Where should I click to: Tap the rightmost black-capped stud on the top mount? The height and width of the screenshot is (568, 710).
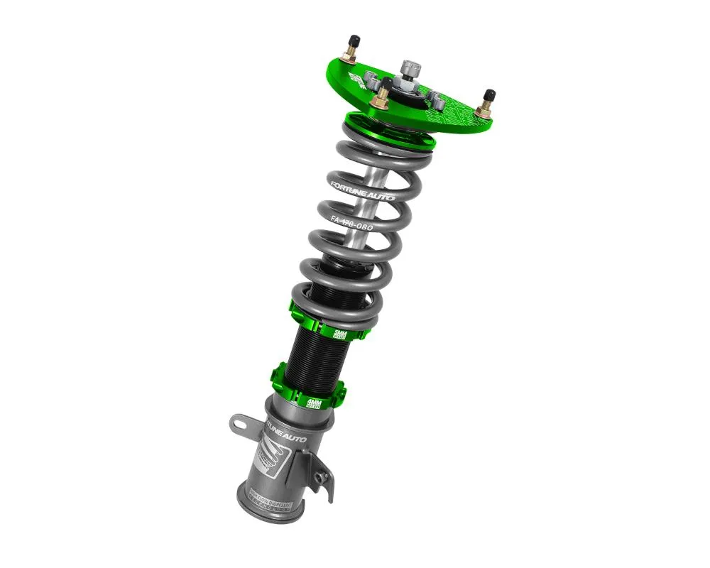(x=489, y=96)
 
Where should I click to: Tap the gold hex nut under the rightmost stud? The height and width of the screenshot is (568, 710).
(x=484, y=110)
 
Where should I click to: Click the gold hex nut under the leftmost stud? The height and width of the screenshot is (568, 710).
(x=350, y=55)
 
